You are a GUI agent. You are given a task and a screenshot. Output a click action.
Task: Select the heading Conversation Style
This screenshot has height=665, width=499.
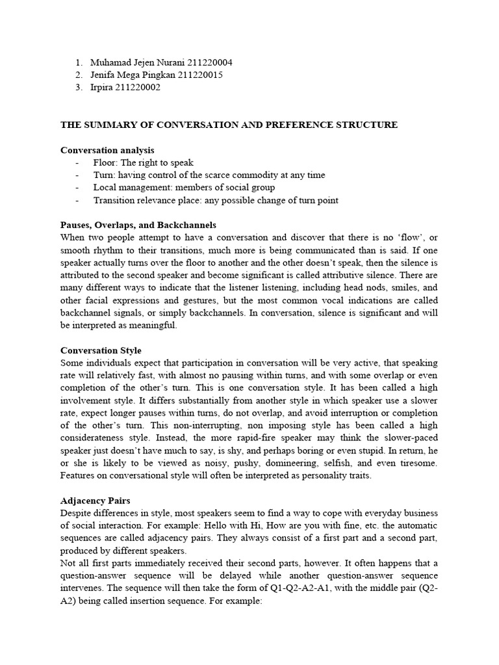click(101, 351)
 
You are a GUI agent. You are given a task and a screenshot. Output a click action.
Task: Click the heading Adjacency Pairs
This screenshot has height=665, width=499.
click(96, 501)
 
